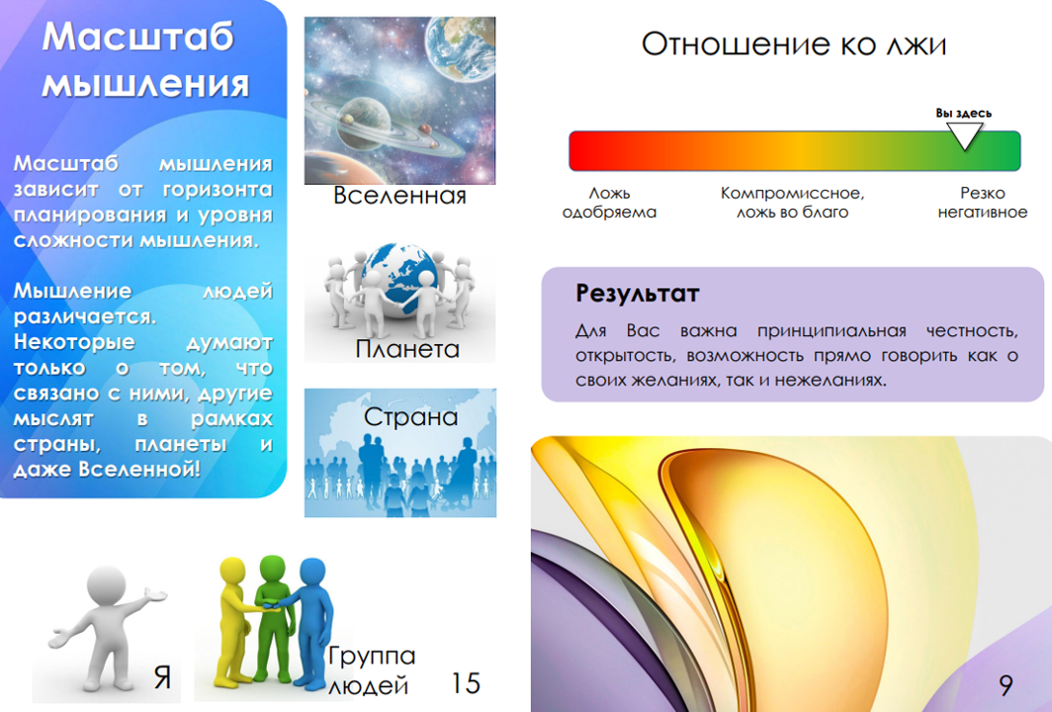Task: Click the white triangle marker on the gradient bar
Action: pyautogui.click(x=964, y=136)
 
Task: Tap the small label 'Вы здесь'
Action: pyautogui.click(x=963, y=113)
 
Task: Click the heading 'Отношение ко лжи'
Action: pyautogui.click(x=794, y=44)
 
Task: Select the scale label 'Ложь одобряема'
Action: pyautogui.click(x=609, y=203)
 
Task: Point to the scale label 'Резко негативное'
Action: pyautogui.click(x=982, y=203)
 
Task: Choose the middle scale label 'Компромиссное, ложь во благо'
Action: pyautogui.click(x=792, y=203)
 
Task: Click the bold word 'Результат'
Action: pyautogui.click(x=638, y=294)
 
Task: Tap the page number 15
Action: pyautogui.click(x=466, y=683)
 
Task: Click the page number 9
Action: pyautogui.click(x=1005, y=685)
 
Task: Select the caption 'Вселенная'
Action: pyautogui.click(x=399, y=196)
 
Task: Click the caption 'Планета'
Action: pyautogui.click(x=407, y=349)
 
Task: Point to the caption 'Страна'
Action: pyautogui.click(x=410, y=416)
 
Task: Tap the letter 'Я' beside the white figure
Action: pyautogui.click(x=162, y=677)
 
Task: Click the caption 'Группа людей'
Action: pyautogui.click(x=372, y=669)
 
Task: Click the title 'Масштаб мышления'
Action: pyautogui.click(x=144, y=60)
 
